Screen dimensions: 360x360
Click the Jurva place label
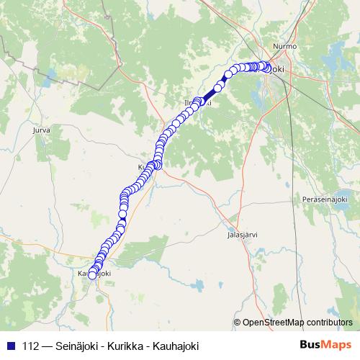[x=41, y=130]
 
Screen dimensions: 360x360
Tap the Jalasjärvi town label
[x=241, y=234]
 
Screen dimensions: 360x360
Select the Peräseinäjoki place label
[x=325, y=198]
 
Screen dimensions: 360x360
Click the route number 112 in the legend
[x=31, y=346]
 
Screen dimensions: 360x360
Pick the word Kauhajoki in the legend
[x=174, y=346]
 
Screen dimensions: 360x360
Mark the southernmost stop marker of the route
[x=91, y=275]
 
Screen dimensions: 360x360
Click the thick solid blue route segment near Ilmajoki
[x=210, y=95]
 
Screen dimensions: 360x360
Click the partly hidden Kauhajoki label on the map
[x=94, y=273]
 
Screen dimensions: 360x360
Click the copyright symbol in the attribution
[x=238, y=323]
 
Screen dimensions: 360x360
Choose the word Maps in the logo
[x=339, y=346]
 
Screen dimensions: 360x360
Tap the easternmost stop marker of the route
[x=268, y=68]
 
